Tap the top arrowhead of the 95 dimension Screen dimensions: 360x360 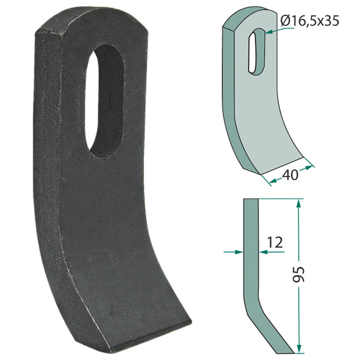(x=297, y=203)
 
